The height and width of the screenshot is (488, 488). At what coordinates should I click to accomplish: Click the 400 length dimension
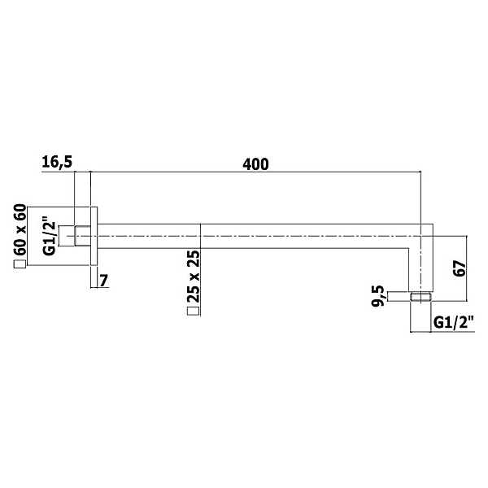255,164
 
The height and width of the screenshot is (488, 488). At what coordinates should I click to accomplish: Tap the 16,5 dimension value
57,163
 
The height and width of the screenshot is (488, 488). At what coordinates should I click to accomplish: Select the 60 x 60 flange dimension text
20,230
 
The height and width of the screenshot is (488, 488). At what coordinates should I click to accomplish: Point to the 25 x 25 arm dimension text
194,277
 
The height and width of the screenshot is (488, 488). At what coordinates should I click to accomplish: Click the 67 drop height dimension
460,268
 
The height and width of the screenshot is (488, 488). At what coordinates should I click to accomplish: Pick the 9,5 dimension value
379,296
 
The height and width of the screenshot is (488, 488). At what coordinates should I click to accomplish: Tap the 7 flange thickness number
104,281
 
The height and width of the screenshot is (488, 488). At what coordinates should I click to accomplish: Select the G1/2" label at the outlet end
453,322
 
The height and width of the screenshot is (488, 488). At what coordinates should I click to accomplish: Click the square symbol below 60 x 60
20,264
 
